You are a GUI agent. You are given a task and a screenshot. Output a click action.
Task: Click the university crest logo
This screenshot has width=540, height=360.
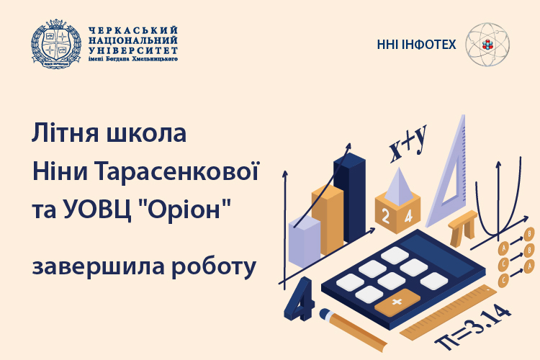pyautogui.click(x=55, y=44)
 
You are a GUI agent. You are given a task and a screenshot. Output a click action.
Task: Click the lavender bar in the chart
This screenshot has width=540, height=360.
pyautogui.click(x=304, y=240)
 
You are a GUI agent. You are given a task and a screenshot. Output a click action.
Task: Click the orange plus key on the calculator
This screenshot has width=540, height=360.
pyautogui.click(x=396, y=303)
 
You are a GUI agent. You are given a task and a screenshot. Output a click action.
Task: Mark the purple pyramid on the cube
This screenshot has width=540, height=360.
pyautogui.click(x=397, y=185)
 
